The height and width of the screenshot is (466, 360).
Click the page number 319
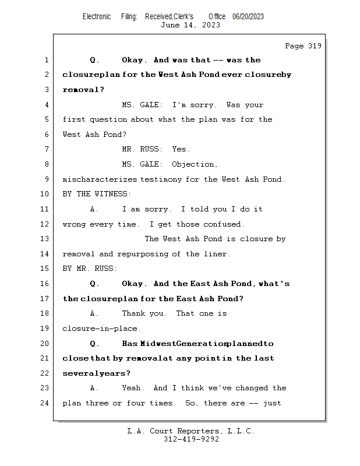coord(315,46)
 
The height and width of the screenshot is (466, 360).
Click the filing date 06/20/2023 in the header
coord(248,17)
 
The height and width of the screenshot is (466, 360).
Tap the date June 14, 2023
coord(190,25)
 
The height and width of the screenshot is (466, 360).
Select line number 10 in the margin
coord(44,194)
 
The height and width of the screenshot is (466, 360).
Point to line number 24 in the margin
coord(44,403)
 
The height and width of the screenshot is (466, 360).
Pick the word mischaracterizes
coord(100,179)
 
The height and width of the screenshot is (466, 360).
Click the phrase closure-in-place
coord(101,329)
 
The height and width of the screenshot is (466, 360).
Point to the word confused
coord(224,224)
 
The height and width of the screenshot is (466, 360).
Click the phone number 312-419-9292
coord(191,439)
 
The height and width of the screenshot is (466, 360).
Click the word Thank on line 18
coord(133,313)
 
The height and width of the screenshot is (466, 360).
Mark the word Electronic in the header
coord(97,17)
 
